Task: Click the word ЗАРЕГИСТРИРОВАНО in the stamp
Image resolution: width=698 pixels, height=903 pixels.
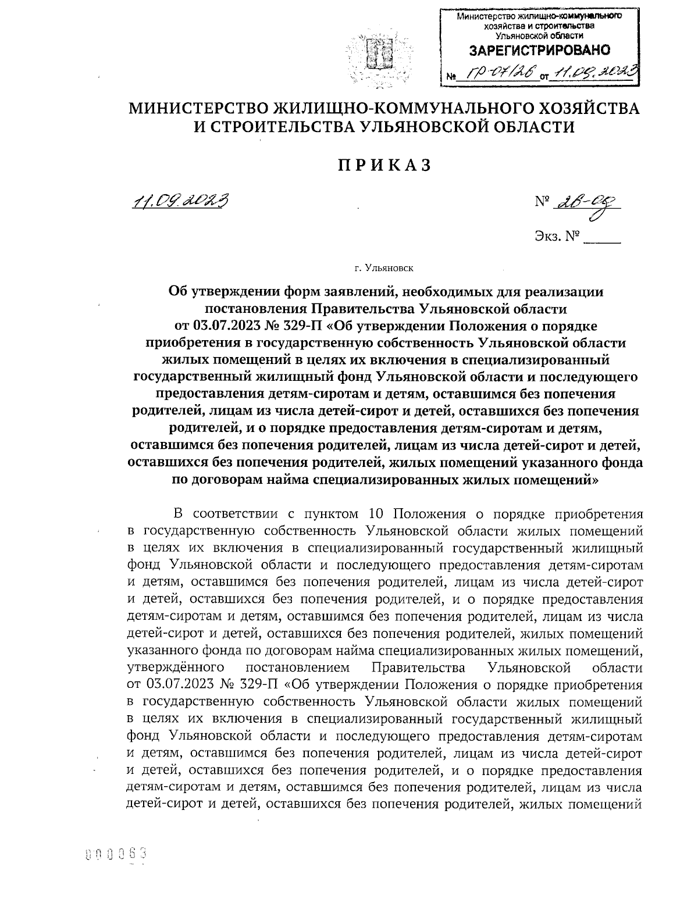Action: tap(539, 51)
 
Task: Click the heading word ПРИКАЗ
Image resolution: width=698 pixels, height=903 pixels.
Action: tap(385, 165)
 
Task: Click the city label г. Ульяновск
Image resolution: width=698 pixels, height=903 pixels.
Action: tap(383, 269)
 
